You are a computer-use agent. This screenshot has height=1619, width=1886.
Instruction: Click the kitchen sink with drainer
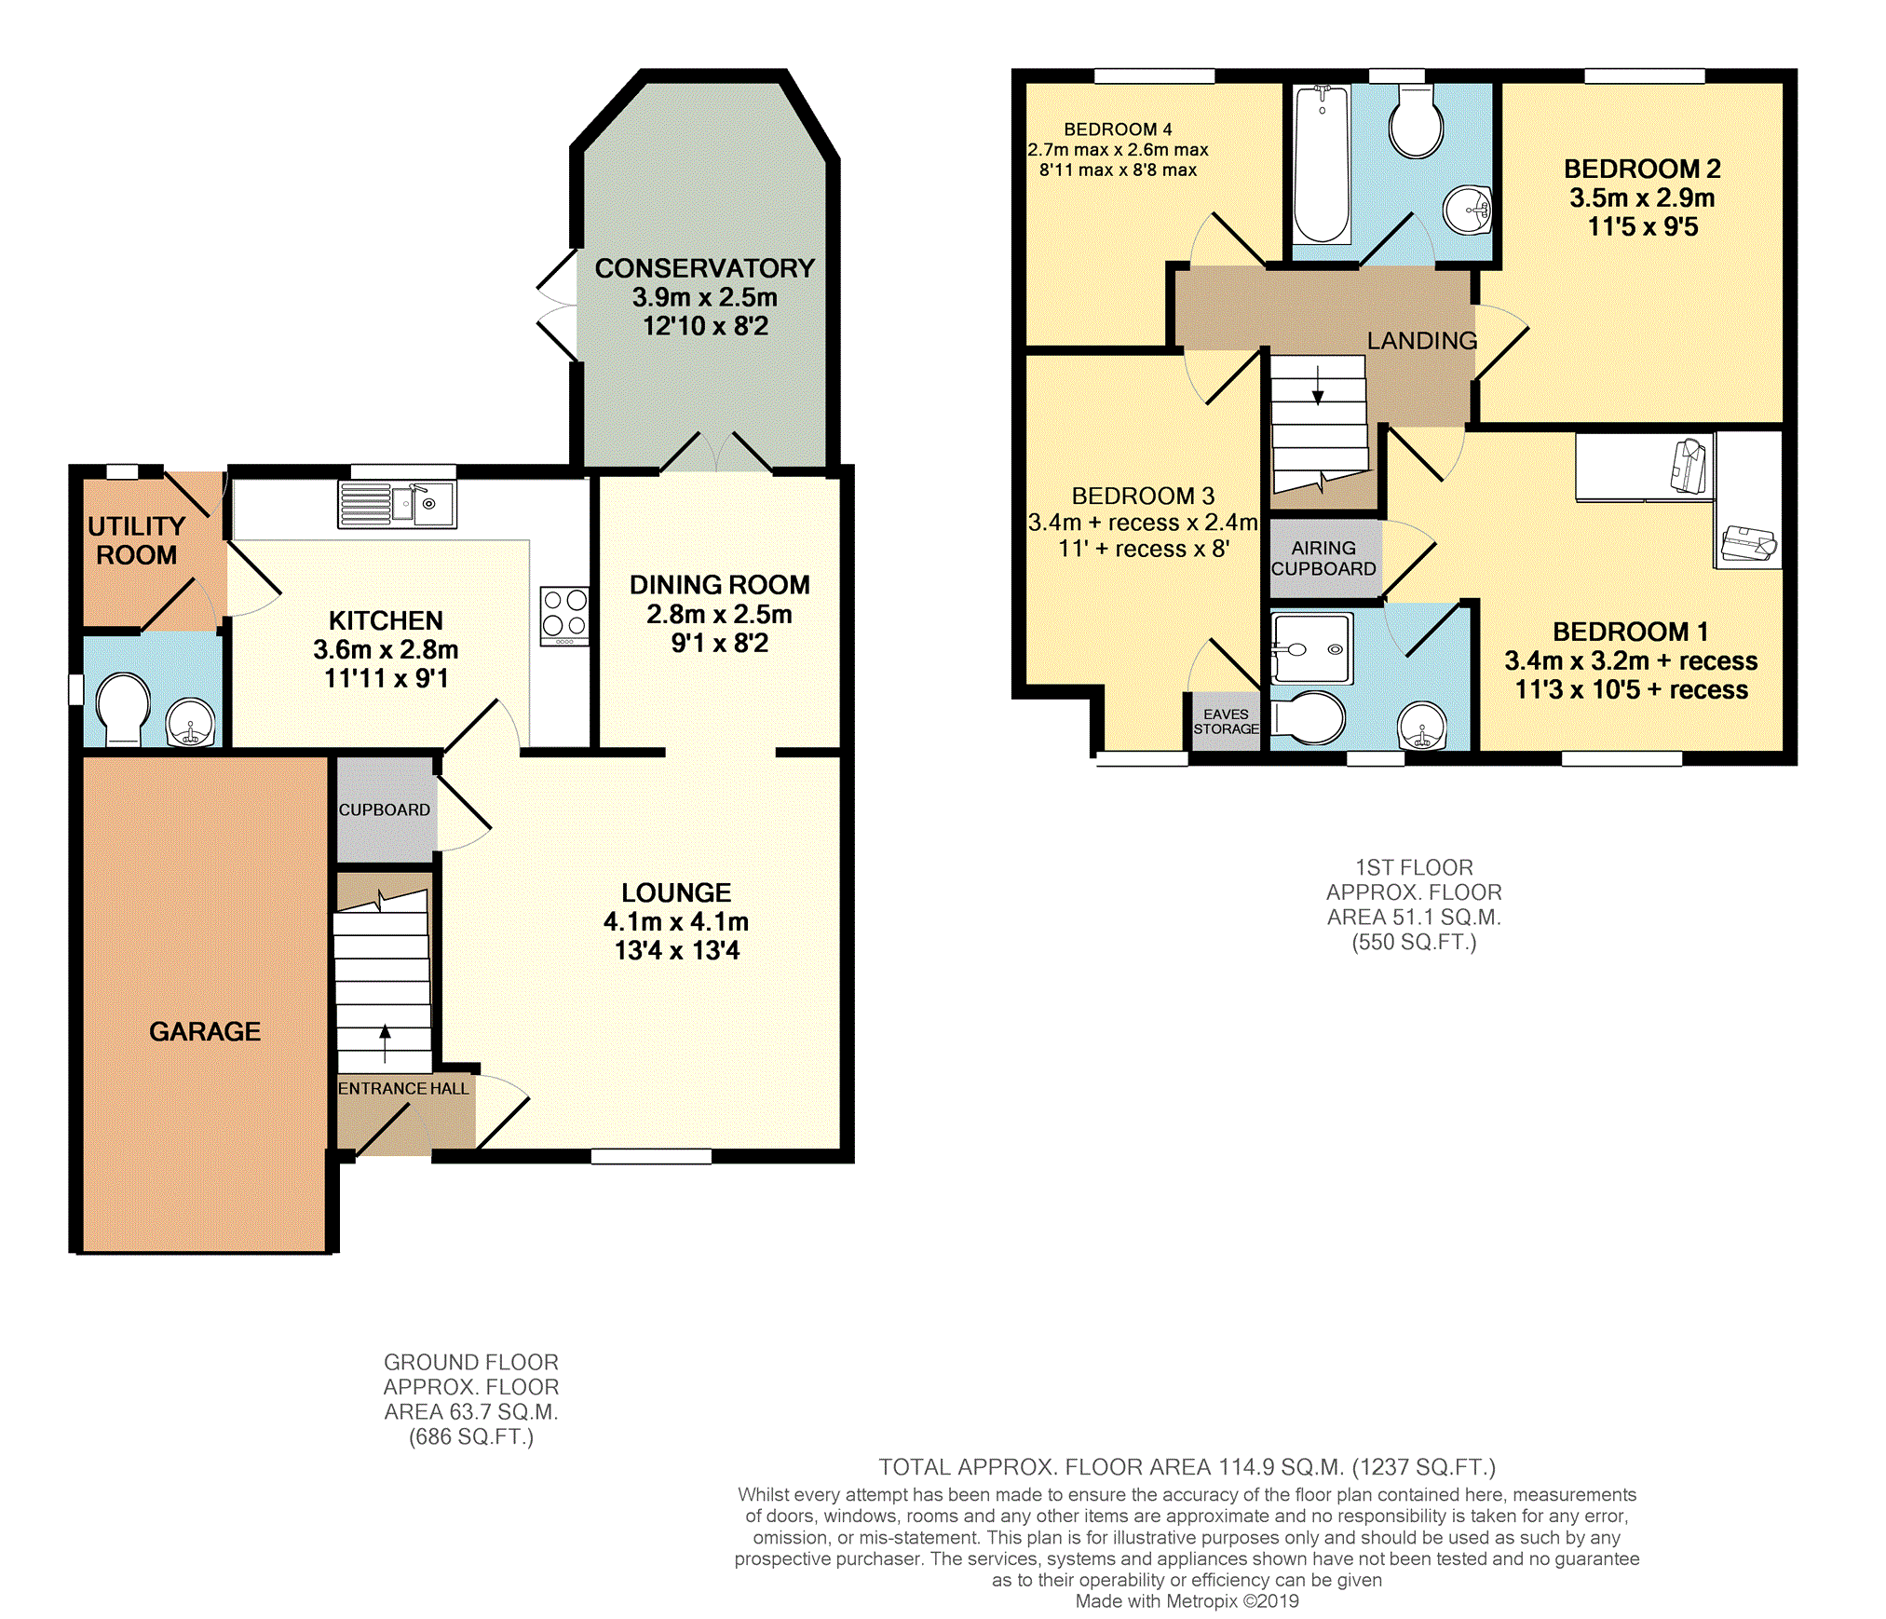point(397,504)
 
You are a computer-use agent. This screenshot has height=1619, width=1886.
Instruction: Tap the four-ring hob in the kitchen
point(564,616)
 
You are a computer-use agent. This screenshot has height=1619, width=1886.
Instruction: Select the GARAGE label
point(205,1031)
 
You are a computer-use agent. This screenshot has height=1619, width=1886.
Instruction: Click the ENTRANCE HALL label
point(403,1088)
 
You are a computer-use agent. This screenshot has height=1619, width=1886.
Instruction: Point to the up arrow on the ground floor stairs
point(385,1044)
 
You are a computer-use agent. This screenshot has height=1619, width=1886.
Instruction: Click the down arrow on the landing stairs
point(1318,385)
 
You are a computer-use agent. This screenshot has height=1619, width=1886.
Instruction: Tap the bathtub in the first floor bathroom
point(1322,164)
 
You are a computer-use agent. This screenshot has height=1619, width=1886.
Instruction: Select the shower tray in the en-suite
point(1312,648)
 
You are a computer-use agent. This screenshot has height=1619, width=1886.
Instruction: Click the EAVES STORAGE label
point(1226,722)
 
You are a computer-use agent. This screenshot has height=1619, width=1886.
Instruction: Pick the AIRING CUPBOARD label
point(1323,558)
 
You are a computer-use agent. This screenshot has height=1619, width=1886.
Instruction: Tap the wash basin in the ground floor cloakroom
point(191,723)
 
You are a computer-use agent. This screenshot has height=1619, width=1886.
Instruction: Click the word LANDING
point(1422,341)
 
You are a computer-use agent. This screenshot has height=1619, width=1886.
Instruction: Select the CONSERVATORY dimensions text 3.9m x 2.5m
point(705,297)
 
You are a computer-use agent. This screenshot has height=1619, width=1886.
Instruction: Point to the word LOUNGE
point(676,892)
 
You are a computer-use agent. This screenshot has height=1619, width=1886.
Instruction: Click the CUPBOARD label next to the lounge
point(385,809)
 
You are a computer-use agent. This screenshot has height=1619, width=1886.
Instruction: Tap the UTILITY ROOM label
point(137,540)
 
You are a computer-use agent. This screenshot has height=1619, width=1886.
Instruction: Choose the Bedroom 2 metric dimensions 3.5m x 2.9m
point(1642,197)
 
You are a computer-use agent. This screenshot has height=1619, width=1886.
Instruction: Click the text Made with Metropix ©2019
point(1187,1600)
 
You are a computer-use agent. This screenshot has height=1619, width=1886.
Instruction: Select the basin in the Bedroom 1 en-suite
point(1422,725)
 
